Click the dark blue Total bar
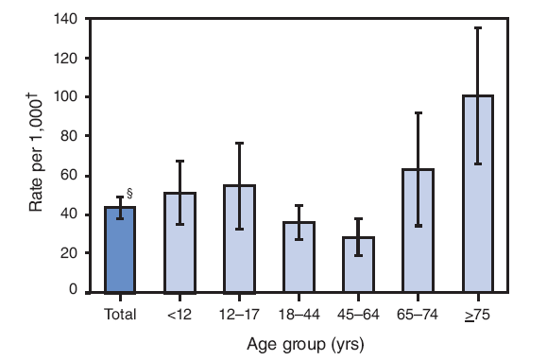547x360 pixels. [120, 249]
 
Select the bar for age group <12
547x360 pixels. [180, 243]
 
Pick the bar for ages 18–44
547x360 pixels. [299, 257]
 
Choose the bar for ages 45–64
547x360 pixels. [359, 265]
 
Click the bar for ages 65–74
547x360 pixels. [419, 231]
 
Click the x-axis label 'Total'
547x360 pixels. [120, 314]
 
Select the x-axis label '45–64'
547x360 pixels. [359, 314]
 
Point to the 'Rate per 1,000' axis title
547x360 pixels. [36, 156]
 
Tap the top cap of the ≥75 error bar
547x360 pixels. [479, 28]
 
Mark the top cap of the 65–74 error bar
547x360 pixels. [419, 112]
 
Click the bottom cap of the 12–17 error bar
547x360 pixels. [240, 229]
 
